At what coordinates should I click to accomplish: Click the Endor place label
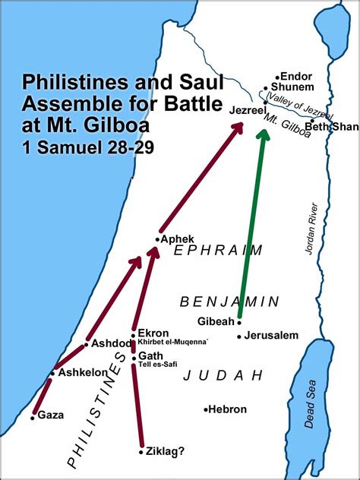(x=296, y=76)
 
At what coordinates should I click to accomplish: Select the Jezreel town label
(x=249, y=109)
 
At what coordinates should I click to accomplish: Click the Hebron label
(x=228, y=409)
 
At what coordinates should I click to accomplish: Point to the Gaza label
(x=50, y=415)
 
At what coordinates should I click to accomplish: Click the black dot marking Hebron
(x=205, y=409)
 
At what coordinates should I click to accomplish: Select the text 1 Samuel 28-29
(x=88, y=147)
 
